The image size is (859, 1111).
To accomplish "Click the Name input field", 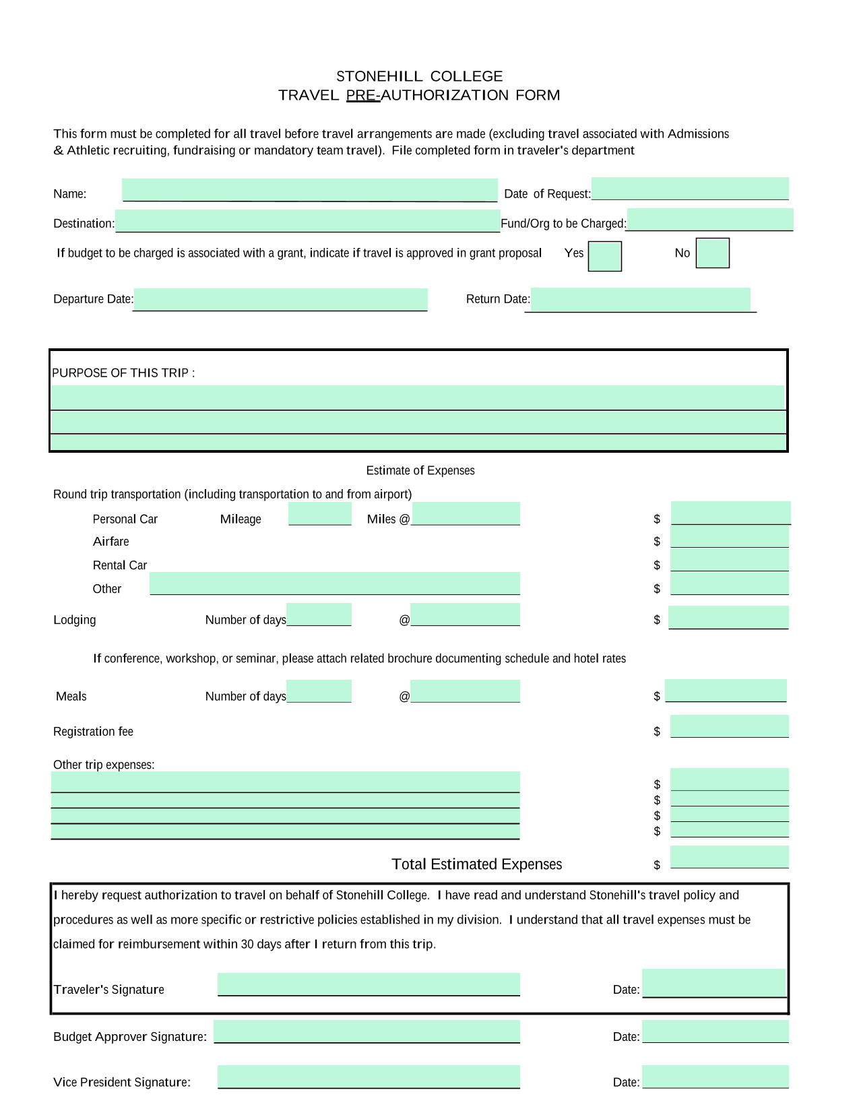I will click(x=310, y=190).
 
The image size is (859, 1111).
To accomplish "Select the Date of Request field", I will click(x=690, y=189).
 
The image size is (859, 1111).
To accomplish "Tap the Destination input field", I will click(x=308, y=221).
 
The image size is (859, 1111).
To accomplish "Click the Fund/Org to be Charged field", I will click(x=709, y=220).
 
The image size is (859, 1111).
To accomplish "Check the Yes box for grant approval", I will click(x=604, y=256).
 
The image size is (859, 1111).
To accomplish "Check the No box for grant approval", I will click(x=712, y=253).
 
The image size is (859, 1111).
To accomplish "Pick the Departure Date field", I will click(x=280, y=299).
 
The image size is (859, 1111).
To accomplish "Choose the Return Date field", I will click(x=640, y=300).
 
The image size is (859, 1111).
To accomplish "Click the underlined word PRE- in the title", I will click(x=363, y=95).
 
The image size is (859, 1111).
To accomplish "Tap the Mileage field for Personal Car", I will click(x=320, y=513).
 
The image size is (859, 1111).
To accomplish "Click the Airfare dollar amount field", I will click(x=730, y=538).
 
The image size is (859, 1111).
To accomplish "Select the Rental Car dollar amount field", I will click(x=730, y=561).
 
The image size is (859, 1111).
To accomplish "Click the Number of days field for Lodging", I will click(x=319, y=614).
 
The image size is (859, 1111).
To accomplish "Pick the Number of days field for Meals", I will click(x=319, y=691).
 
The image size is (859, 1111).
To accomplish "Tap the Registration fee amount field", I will click(x=730, y=726).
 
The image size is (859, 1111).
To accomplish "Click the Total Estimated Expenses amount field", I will click(x=730, y=857).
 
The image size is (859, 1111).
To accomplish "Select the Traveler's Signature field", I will click(x=369, y=984).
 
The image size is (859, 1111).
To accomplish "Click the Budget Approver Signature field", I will click(x=367, y=1031).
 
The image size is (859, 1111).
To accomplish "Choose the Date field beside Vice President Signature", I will click(x=715, y=1077).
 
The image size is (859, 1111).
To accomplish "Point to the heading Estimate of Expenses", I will click(x=420, y=470).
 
